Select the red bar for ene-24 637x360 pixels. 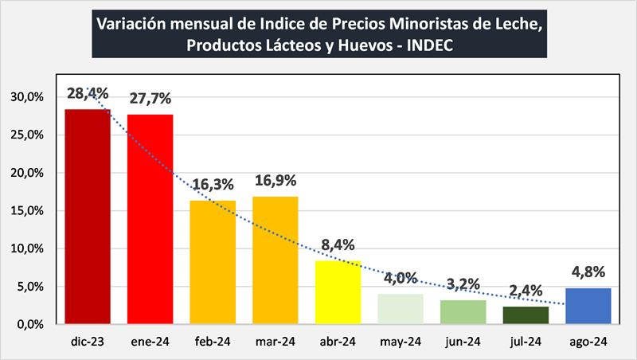[150, 219]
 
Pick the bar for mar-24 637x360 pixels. [275, 260]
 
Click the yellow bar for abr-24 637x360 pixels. [338, 292]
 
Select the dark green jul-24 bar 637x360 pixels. [526, 315]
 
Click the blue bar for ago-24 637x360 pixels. [588, 306]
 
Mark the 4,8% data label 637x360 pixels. [588, 272]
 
